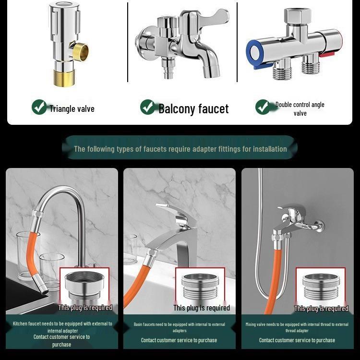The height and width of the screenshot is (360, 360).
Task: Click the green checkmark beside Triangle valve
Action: tap(39, 107)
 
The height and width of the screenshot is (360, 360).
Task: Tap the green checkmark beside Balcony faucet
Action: tap(148, 107)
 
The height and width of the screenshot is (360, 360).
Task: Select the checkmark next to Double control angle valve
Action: tap(263, 107)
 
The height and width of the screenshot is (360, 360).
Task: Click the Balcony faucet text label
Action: tap(193, 109)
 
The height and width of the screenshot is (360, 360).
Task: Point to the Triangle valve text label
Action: tap(72, 109)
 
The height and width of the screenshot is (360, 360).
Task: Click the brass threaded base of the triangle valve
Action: tap(64, 79)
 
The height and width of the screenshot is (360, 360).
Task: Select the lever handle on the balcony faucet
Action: tap(214, 16)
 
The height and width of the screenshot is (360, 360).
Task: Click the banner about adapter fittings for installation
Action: tap(180, 149)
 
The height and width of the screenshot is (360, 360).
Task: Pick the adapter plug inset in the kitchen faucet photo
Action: tap(85, 287)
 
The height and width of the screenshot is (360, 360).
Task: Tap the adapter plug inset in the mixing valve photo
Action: tap(321, 287)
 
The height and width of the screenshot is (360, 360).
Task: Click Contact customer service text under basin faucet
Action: tap(179, 340)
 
